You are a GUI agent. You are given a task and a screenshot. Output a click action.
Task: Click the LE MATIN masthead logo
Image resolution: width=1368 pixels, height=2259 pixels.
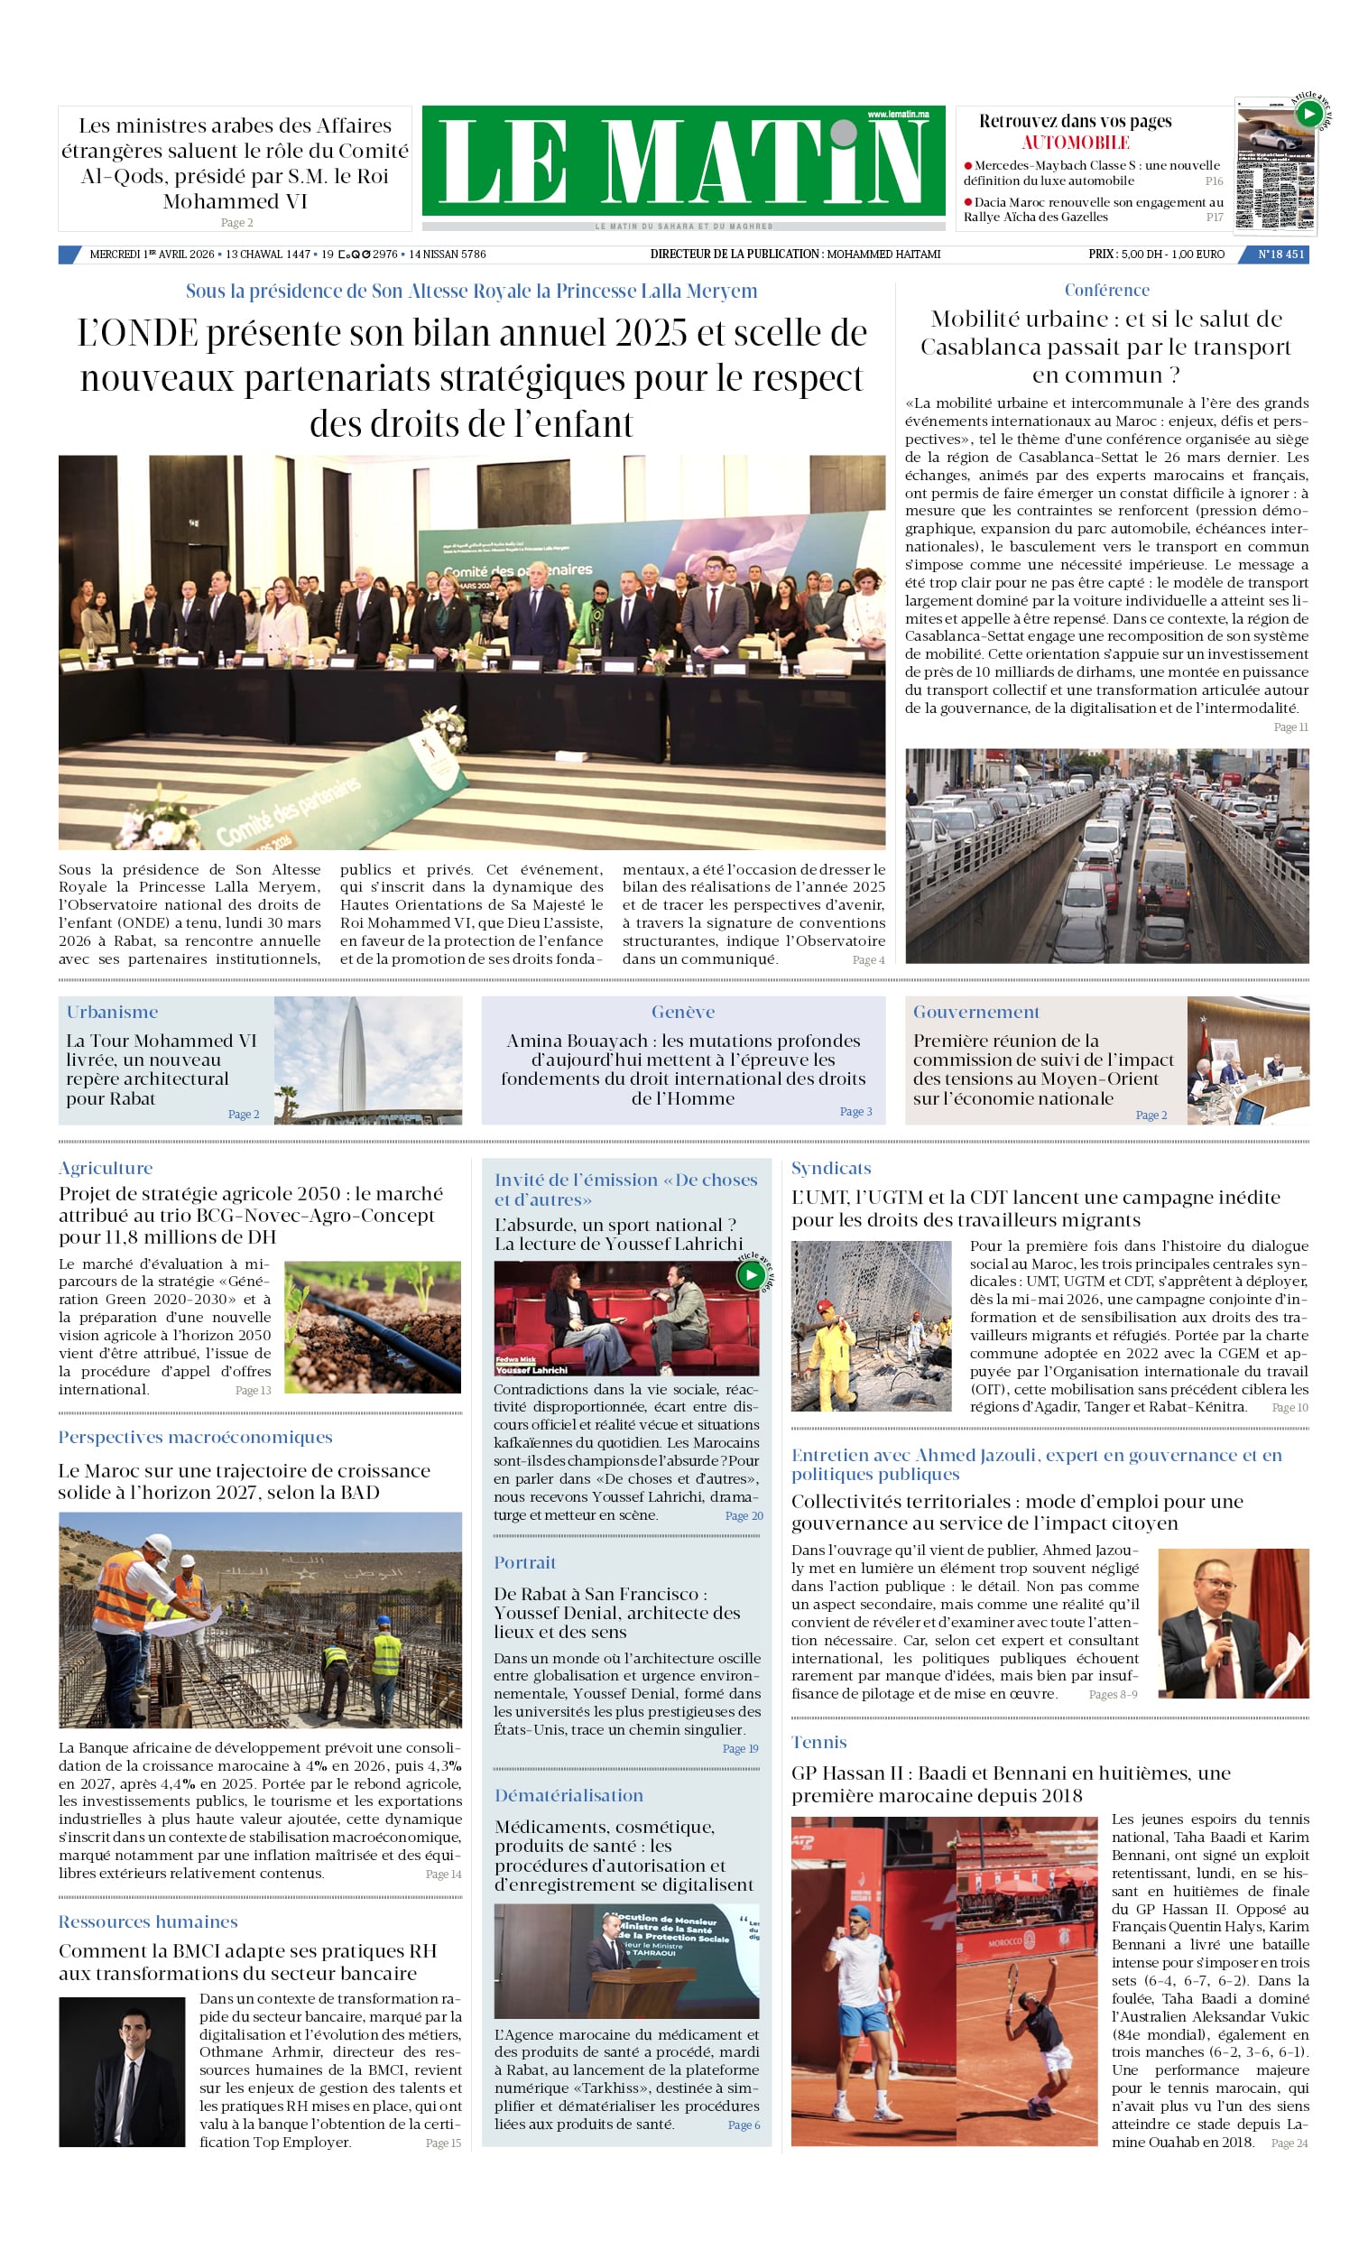pyautogui.click(x=683, y=161)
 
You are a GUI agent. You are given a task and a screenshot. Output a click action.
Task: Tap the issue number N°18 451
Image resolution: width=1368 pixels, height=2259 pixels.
pyautogui.click(x=1280, y=254)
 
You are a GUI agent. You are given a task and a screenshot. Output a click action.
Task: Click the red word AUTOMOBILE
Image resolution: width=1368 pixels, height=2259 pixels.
pyautogui.click(x=1075, y=143)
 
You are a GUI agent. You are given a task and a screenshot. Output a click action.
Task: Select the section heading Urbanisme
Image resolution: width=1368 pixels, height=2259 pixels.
pyautogui.click(x=112, y=1012)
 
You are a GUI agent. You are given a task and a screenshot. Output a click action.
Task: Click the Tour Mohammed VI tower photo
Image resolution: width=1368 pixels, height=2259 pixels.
pyautogui.click(x=367, y=1060)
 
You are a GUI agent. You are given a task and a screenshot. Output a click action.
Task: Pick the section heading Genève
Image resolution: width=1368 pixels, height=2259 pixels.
pyautogui.click(x=683, y=1012)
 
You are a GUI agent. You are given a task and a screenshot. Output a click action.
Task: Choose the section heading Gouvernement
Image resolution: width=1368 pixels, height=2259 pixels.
pyautogui.click(x=975, y=1012)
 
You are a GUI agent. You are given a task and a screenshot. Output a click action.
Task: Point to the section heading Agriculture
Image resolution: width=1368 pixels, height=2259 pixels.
pyautogui.click(x=106, y=1168)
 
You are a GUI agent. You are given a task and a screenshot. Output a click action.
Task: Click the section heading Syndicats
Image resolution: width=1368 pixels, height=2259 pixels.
pyautogui.click(x=831, y=1168)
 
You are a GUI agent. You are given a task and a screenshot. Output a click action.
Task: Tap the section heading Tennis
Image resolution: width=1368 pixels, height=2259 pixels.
pyautogui.click(x=818, y=1742)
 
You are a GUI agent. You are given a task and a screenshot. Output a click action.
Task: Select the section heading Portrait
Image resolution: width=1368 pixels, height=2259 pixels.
pyautogui.click(x=524, y=1562)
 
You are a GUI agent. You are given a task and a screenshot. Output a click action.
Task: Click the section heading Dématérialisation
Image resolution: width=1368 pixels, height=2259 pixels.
pyautogui.click(x=568, y=1795)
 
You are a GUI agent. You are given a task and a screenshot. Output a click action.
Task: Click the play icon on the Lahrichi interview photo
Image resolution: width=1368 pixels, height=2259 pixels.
pyautogui.click(x=751, y=1274)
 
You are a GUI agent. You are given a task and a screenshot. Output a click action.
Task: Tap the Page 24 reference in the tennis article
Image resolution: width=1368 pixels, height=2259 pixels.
pyautogui.click(x=1289, y=2143)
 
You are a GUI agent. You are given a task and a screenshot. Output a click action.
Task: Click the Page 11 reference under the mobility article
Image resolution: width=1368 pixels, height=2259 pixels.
pyautogui.click(x=1290, y=727)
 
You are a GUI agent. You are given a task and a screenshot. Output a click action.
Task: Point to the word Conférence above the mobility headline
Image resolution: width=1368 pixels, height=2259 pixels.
pyautogui.click(x=1106, y=290)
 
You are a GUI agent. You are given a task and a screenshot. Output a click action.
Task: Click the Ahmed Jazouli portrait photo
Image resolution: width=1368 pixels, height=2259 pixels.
pyautogui.click(x=1234, y=1623)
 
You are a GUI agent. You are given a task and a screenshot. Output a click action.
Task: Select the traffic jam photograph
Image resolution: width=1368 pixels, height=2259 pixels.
pyautogui.click(x=1106, y=856)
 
